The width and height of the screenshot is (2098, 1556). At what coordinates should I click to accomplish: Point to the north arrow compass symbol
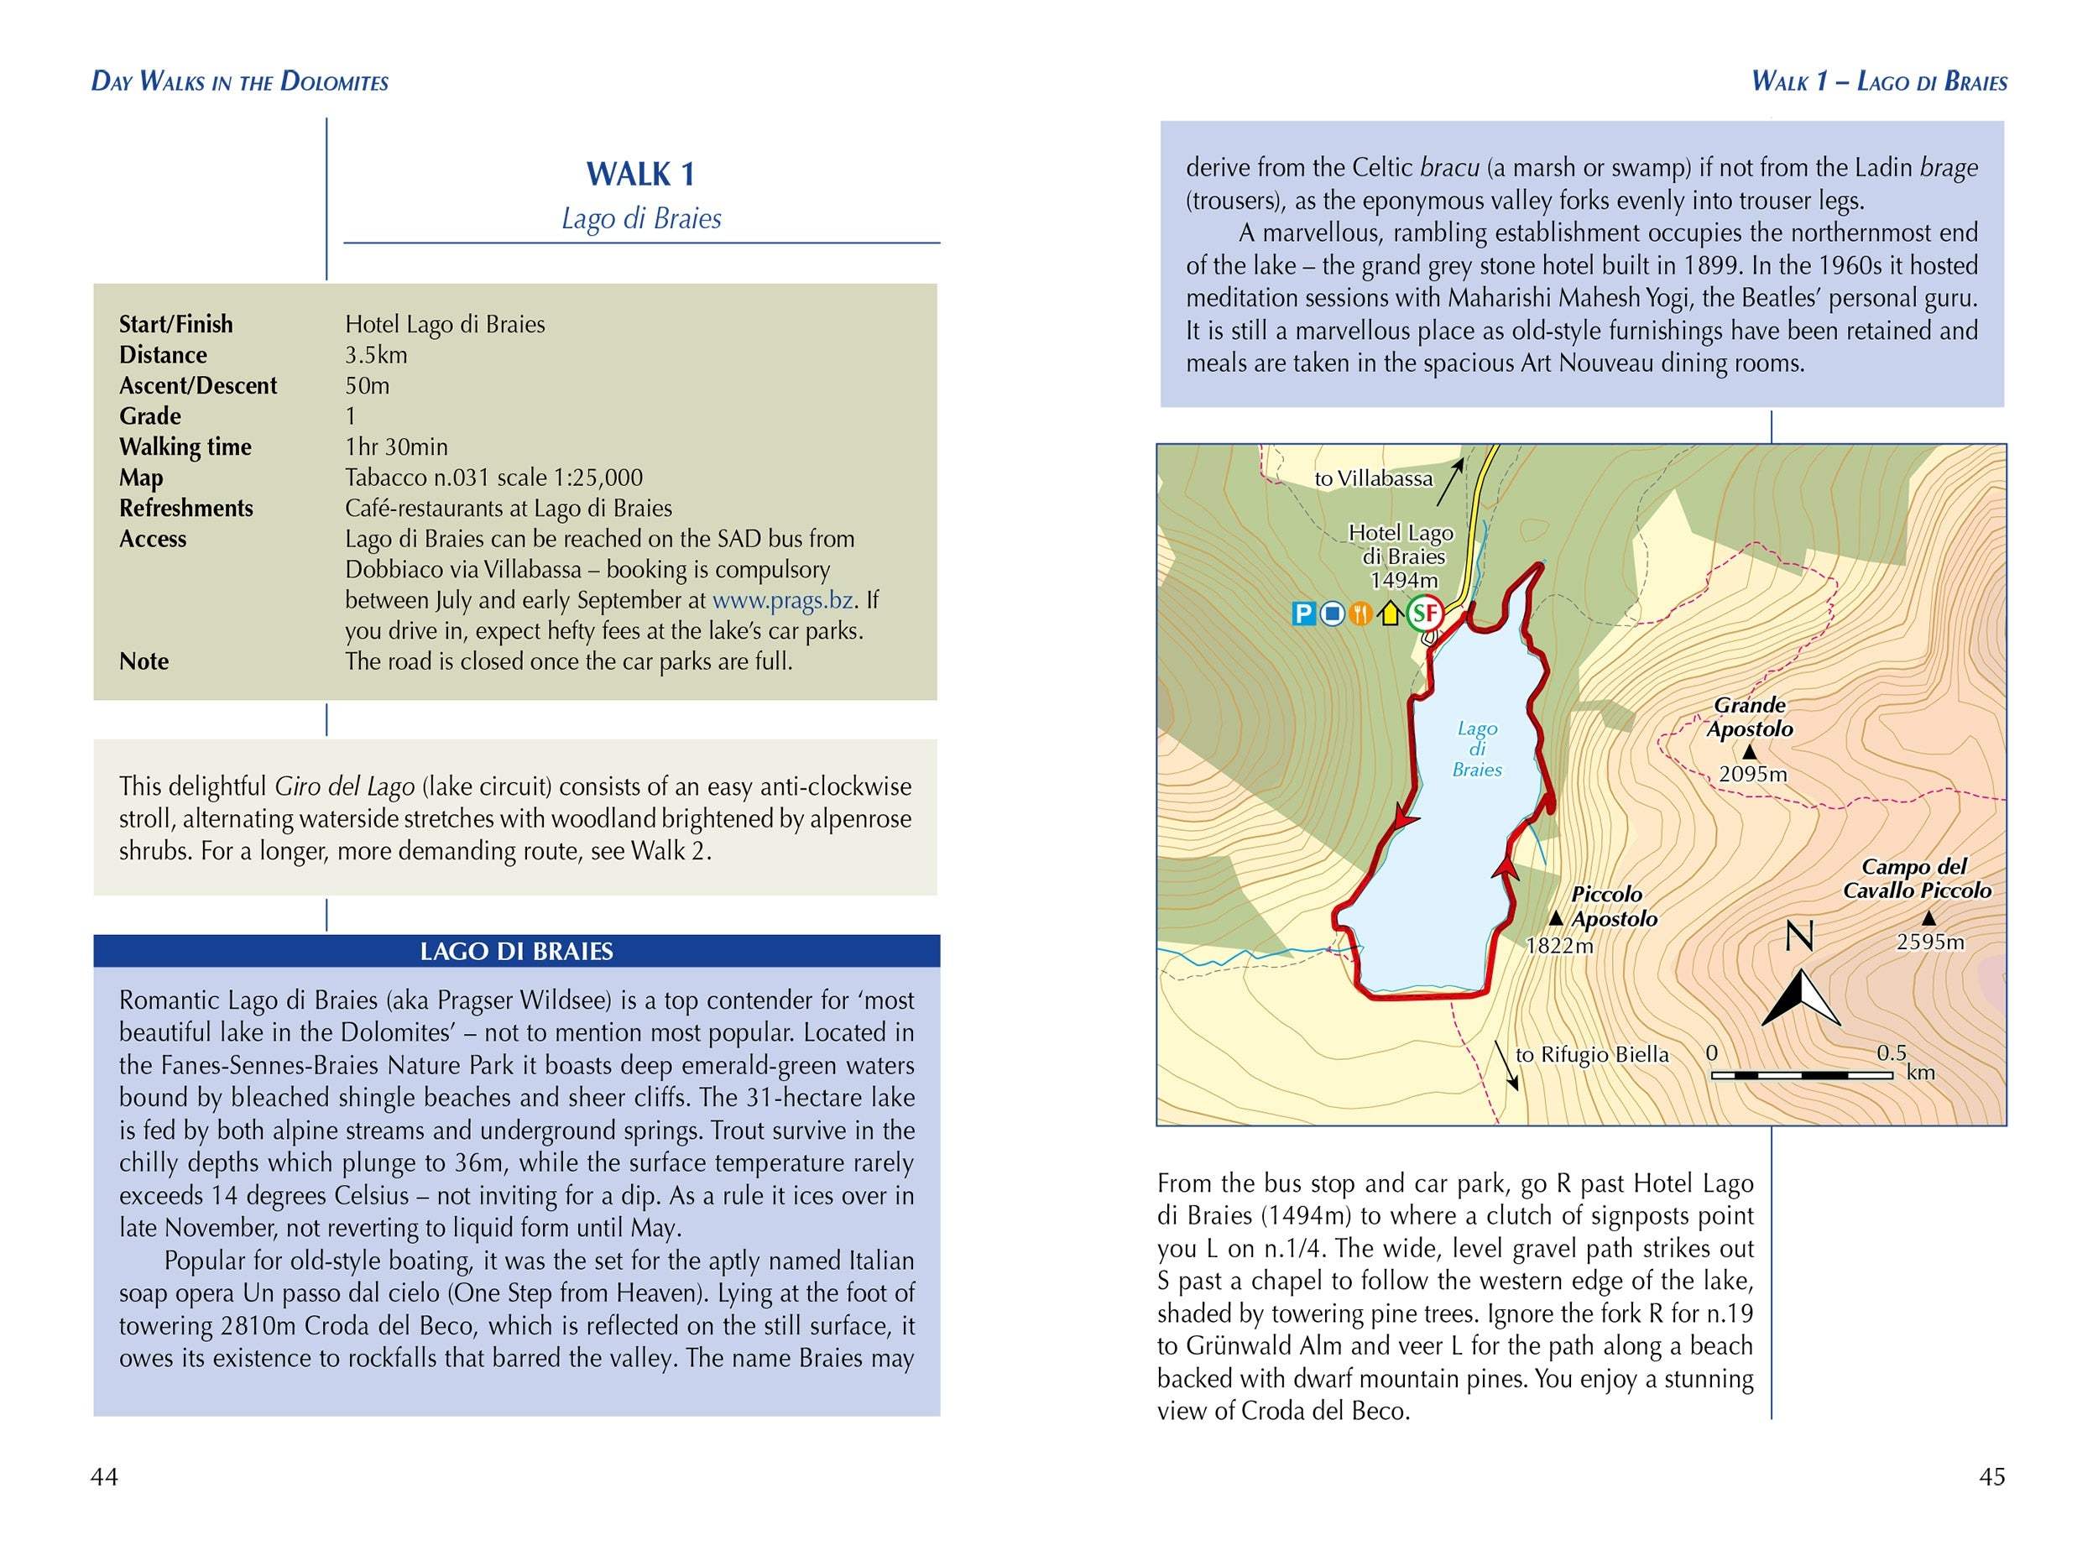point(1800,996)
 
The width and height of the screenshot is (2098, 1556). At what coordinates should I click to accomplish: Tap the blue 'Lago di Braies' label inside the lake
point(1476,749)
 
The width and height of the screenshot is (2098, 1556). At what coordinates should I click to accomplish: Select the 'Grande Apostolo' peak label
point(1750,717)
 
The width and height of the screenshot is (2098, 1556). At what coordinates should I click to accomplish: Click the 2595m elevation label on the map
point(1930,941)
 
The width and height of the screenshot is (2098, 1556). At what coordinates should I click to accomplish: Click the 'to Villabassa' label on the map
point(1373,478)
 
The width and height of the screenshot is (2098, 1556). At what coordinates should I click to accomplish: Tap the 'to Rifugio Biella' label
point(1591,1055)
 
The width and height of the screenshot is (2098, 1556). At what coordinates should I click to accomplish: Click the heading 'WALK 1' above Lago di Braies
point(640,175)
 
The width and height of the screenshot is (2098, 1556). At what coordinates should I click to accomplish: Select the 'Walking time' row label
point(185,446)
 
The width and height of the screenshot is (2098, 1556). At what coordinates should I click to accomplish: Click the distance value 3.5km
point(376,355)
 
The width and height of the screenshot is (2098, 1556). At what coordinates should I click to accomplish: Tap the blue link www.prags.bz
point(782,600)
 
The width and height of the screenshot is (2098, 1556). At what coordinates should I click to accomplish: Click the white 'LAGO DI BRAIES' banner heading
point(516,951)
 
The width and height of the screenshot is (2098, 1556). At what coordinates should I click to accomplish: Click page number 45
point(1991,1477)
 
